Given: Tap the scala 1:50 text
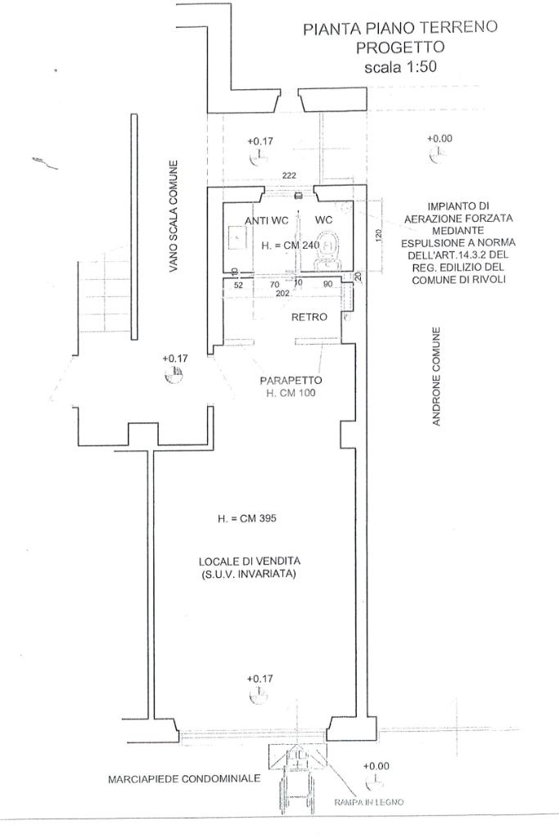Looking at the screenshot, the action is coord(399,68).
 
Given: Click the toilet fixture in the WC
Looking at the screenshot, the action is coord(330,248).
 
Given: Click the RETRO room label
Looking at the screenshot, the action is coord(309,317).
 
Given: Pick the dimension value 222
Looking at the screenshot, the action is coord(289,176).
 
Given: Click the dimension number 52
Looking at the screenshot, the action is coord(239,285).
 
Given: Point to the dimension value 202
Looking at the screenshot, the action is coord(283,292).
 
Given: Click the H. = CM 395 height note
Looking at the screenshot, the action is coord(246,519).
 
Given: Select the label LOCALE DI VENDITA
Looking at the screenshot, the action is coord(250,561).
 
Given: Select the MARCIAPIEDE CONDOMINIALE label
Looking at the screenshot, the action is coord(183,778).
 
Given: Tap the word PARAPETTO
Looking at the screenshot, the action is coord(291,381).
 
